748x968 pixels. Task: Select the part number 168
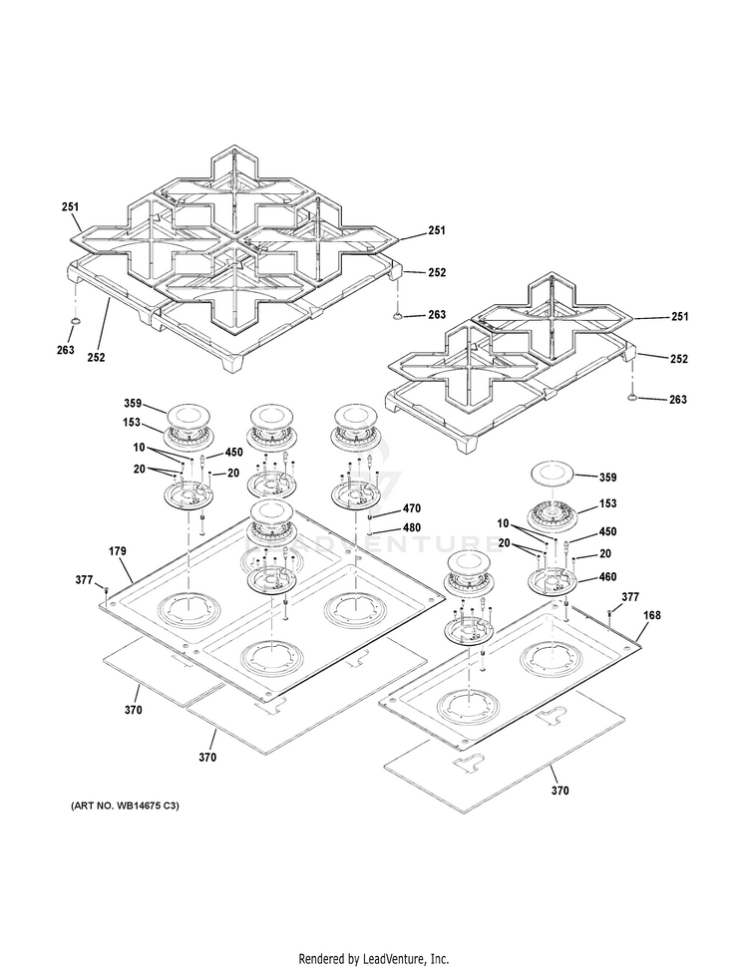click(x=653, y=617)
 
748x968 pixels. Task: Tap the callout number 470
click(x=411, y=508)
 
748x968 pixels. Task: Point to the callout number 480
click(x=411, y=527)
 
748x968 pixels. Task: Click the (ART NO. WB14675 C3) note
click(x=130, y=806)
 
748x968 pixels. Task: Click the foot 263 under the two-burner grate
click(x=632, y=397)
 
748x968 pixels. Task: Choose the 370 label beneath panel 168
click(x=560, y=791)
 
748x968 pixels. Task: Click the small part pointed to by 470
click(x=371, y=516)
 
